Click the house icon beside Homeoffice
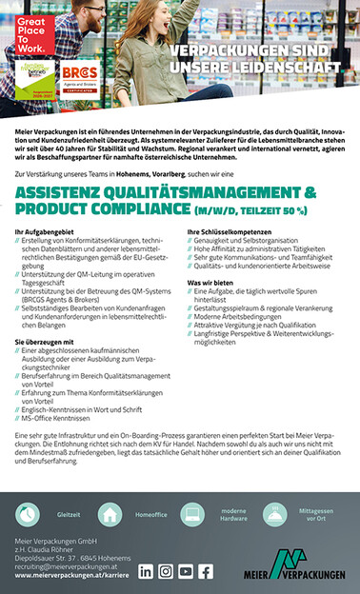[x=110, y=514]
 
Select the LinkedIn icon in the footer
[x=146, y=571]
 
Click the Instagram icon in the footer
[x=166, y=571]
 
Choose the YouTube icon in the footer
[x=186, y=571]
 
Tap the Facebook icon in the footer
[x=206, y=571]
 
